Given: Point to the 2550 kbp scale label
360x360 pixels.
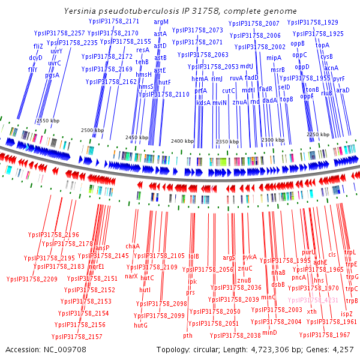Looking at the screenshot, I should click(x=48, y=121).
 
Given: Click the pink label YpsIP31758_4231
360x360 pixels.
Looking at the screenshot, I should click(x=313, y=299).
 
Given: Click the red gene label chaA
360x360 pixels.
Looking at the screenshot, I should click(x=132, y=246).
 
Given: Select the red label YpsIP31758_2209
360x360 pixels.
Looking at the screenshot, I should click(x=32, y=279).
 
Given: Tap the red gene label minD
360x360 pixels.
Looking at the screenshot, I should click(x=270, y=332).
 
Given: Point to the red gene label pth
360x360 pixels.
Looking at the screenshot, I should click(x=188, y=335).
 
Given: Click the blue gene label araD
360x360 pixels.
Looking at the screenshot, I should click(x=342, y=90).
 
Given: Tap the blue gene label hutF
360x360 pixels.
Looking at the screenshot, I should click(x=165, y=82).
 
